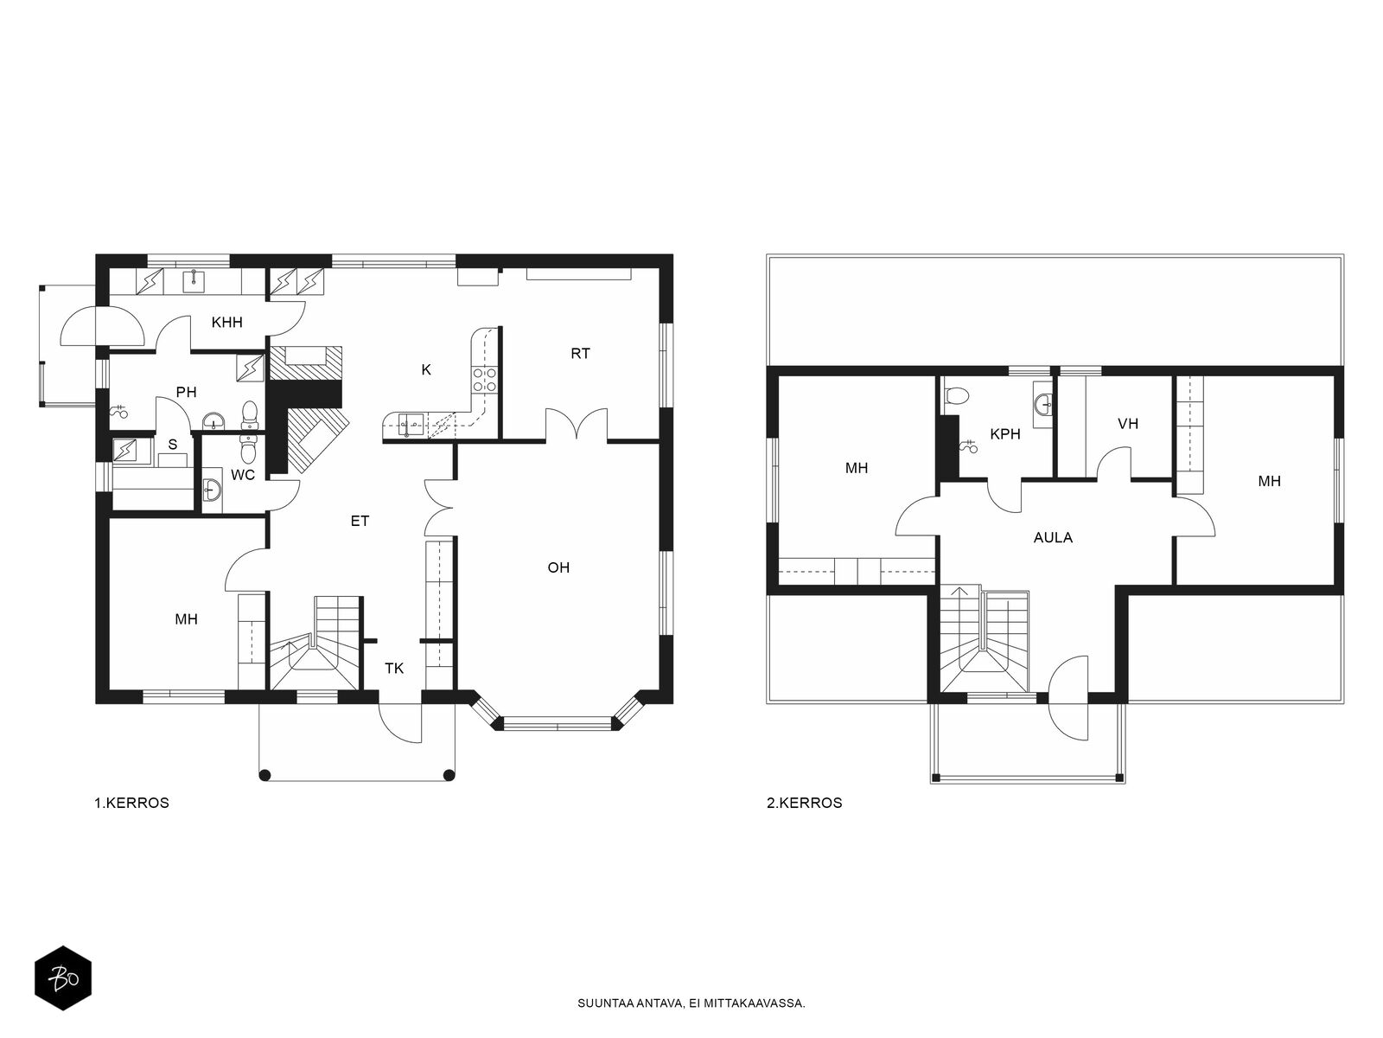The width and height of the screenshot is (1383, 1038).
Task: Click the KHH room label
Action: (x=226, y=323)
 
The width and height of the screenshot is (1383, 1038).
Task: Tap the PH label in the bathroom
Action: (x=187, y=392)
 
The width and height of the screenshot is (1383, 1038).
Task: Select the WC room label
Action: (x=243, y=475)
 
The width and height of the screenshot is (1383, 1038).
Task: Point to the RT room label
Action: (x=580, y=354)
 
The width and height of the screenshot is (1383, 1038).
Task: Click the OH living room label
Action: (x=558, y=567)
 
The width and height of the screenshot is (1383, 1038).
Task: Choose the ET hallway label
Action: (x=360, y=522)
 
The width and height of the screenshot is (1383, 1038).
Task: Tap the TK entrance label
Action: (x=394, y=669)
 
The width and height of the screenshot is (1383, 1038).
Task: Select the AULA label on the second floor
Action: (x=1053, y=537)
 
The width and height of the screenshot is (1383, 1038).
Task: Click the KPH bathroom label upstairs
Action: (x=1005, y=434)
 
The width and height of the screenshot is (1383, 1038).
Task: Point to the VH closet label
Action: (x=1128, y=424)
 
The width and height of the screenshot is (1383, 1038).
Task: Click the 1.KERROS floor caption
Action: (x=131, y=803)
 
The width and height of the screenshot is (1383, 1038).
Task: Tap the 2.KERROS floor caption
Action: (x=804, y=803)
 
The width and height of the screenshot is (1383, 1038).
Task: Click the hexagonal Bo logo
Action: (x=63, y=978)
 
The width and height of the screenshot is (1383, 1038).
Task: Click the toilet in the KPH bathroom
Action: (x=957, y=395)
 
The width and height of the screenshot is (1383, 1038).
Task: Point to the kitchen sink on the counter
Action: (x=411, y=426)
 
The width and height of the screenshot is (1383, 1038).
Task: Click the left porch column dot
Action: (x=264, y=774)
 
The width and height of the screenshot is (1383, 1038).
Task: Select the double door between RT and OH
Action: (x=577, y=424)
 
